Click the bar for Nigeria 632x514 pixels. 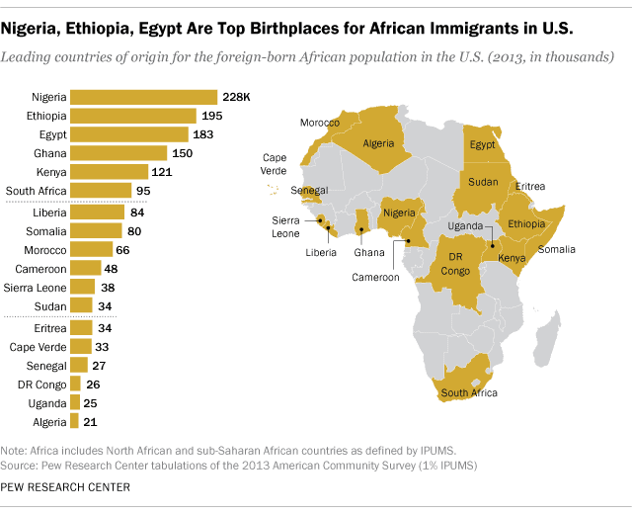point(144,97)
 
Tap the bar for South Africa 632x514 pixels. point(102,190)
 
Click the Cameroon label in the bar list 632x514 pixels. point(39,268)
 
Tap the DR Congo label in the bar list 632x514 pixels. point(41,385)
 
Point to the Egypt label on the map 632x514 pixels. point(482,144)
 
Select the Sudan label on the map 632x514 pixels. point(483,182)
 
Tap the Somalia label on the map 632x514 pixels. point(556,249)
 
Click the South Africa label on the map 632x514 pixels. point(470,392)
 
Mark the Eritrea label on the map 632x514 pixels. point(530,186)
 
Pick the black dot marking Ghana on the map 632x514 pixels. point(362,230)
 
